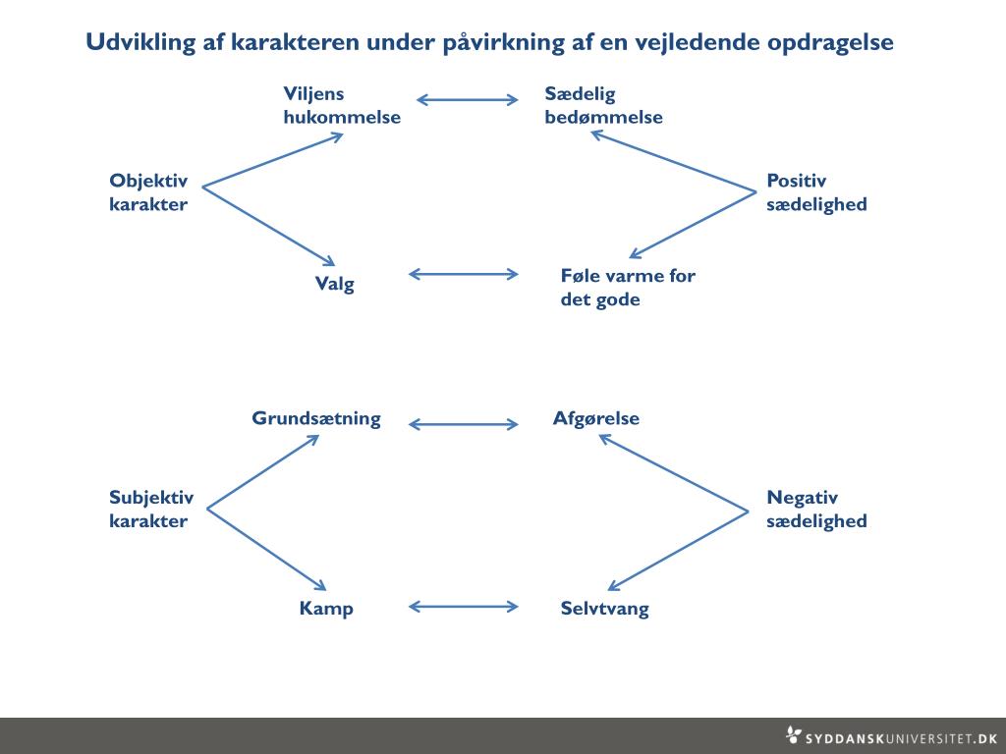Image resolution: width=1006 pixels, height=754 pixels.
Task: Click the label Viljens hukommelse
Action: [341, 105]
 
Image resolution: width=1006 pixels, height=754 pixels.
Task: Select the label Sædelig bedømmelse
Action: [603, 105]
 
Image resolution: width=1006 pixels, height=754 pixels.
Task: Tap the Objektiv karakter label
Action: [148, 192]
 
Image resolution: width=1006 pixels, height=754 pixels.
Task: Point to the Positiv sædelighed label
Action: [816, 192]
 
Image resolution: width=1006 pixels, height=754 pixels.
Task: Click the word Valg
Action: [334, 285]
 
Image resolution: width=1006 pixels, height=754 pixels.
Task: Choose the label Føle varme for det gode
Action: [627, 287]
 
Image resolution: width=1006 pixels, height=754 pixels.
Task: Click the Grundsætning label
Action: [316, 418]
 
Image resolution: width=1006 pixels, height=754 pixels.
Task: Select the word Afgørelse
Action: [596, 418]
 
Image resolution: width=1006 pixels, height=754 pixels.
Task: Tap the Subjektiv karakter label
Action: [151, 509]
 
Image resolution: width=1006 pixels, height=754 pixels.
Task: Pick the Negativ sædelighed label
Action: [816, 509]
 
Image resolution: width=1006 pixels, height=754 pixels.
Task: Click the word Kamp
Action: [326, 609]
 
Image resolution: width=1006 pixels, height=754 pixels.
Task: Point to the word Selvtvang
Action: [604, 609]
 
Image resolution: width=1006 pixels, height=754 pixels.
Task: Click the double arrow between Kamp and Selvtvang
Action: [463, 606]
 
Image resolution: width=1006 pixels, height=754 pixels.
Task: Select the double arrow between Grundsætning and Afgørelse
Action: [463, 424]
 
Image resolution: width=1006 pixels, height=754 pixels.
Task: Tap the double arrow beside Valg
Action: [463, 274]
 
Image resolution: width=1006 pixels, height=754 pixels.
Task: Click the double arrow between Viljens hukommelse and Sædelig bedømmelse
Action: [468, 99]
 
